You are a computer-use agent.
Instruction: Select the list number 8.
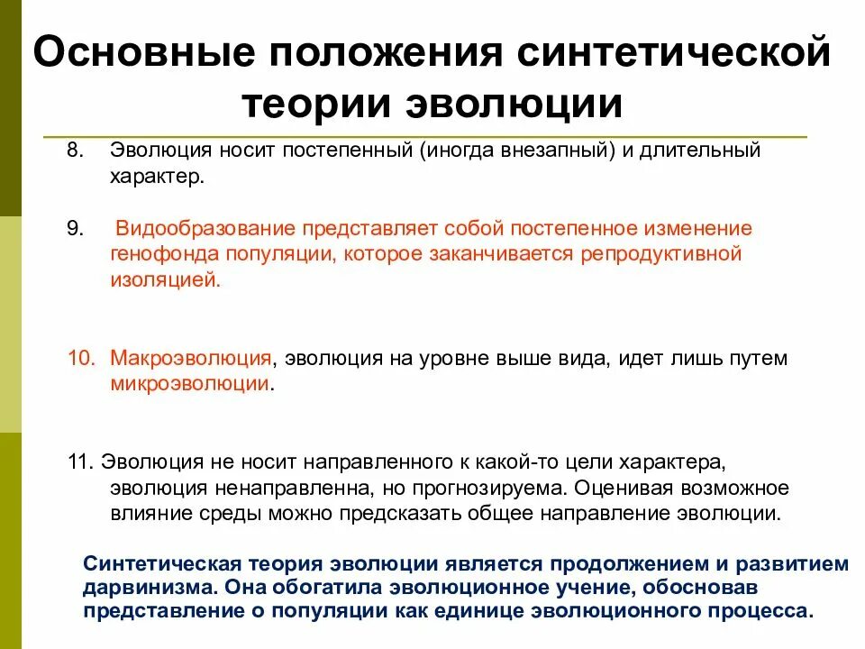coord(73,150)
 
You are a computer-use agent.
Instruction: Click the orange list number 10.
coord(79,359)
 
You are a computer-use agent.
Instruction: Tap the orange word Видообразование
coord(208,229)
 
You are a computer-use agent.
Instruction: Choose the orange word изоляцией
coord(165,279)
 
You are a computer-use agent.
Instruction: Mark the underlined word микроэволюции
coord(190,384)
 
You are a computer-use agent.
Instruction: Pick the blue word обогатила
coord(323,588)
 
